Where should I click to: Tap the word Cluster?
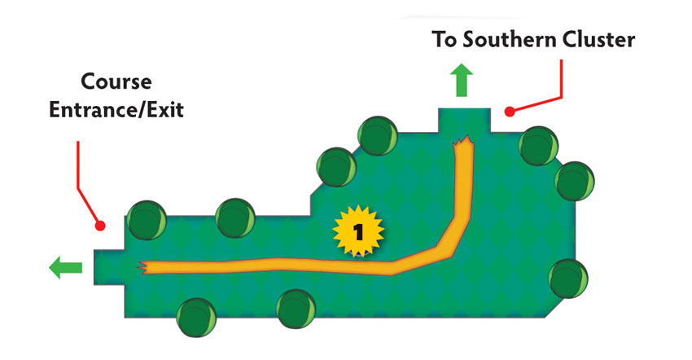(x=592, y=39)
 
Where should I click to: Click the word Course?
(x=116, y=81)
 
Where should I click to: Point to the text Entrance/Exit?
(x=116, y=109)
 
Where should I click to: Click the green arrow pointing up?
(x=462, y=80)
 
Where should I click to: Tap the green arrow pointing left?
(x=65, y=268)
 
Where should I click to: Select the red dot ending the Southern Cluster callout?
(x=510, y=112)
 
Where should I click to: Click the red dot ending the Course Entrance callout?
(x=100, y=226)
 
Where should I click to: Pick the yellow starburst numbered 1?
(x=358, y=231)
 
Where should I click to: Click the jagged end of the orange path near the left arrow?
(x=142, y=268)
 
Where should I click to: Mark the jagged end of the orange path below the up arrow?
(x=463, y=143)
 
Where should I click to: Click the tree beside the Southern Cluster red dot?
(x=538, y=146)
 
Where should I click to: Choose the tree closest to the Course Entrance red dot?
(x=147, y=220)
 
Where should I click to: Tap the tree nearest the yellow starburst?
(x=336, y=167)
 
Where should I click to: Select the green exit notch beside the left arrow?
(x=109, y=267)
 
